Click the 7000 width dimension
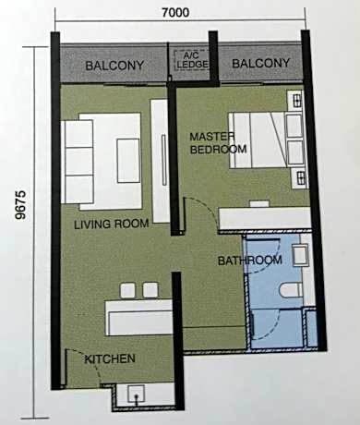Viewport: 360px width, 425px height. point(175,13)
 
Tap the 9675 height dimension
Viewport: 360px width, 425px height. point(21,205)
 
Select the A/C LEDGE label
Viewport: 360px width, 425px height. point(192,60)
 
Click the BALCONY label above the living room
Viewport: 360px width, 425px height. point(114,66)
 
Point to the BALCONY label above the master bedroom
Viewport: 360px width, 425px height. point(261,63)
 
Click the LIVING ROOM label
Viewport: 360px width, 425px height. point(112,224)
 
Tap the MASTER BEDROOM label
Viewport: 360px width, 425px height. point(218,143)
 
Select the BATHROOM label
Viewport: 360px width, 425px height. point(250,261)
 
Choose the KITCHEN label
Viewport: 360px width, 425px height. point(110,358)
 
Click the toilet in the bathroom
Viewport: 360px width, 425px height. point(292,290)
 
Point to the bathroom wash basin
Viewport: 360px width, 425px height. point(300,255)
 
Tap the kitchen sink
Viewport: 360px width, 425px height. point(136,394)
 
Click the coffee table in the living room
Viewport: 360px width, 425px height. point(129,161)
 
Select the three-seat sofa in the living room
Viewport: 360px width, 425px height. point(78,162)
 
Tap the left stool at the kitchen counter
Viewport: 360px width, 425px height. point(127,290)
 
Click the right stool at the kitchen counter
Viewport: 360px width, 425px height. point(150,290)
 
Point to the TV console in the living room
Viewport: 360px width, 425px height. point(160,161)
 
